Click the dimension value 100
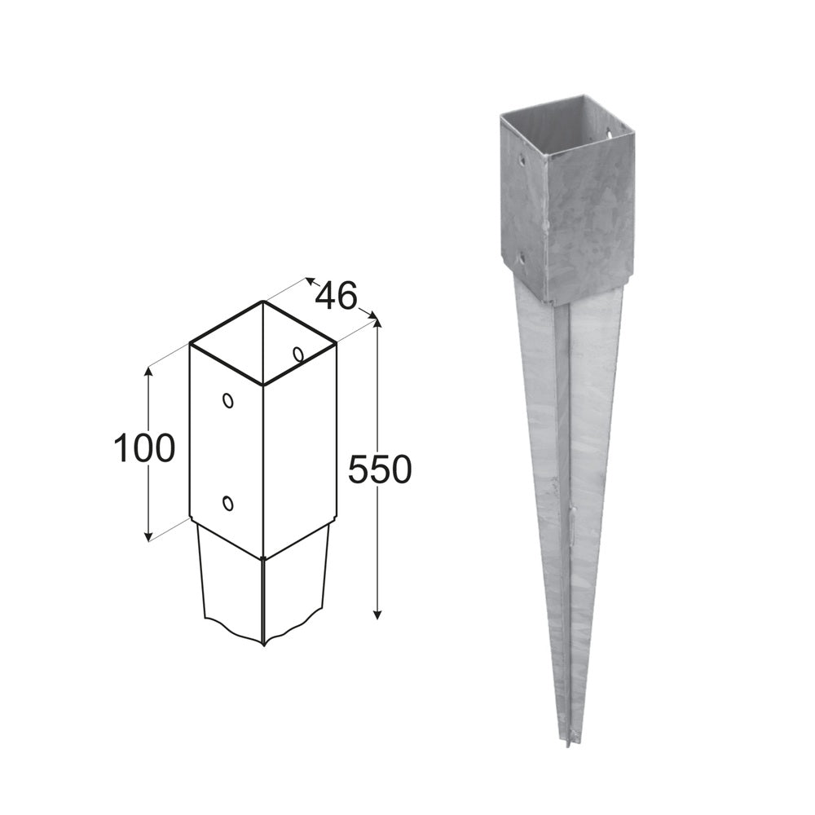tap(144, 447)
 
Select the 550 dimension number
tap(380, 469)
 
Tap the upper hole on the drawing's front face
tap(227, 399)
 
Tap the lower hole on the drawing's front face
tap(227, 503)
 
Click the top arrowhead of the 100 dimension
tap(148, 372)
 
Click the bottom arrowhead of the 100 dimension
tap(148, 535)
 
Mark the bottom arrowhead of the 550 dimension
tap(378, 614)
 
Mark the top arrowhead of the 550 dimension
tap(378, 321)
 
